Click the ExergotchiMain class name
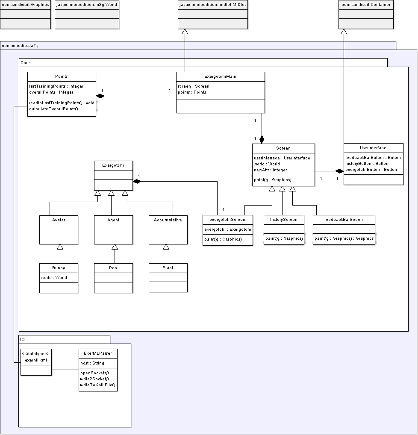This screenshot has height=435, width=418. point(220,76)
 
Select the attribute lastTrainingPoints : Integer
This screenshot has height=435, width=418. point(56,86)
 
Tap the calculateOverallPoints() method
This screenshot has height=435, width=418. point(53,109)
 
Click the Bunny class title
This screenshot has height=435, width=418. point(59,268)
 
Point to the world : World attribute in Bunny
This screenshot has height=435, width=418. point(54,277)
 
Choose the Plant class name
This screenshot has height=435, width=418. point(168,268)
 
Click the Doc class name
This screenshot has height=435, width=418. point(113,268)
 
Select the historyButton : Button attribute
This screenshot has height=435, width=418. point(367,164)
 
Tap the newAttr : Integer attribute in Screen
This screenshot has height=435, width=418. point(271,170)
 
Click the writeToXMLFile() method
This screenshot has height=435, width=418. point(97,385)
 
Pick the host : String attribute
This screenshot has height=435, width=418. point(92,363)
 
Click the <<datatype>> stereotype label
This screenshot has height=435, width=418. point(36,354)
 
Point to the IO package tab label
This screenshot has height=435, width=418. point(23,340)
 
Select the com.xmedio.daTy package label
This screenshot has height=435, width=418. point(20,46)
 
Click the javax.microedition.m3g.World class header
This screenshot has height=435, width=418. point(87,5)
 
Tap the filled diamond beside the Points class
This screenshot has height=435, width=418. point(100,96)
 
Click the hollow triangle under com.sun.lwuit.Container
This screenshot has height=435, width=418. point(344,31)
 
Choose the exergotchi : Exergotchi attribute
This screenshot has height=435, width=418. point(228,229)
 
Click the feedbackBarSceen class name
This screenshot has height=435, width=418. point(343,220)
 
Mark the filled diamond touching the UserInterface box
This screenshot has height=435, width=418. point(339,171)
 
